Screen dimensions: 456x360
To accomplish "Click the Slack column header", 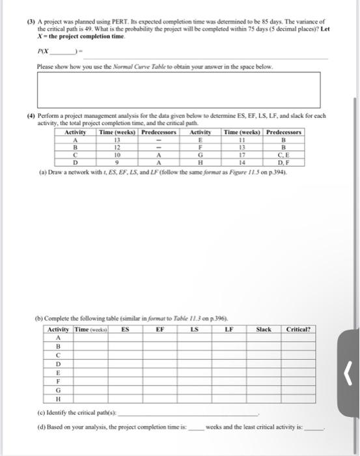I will pyautogui.click(x=264, y=330).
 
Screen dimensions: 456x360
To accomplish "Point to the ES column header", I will pyautogui.click(x=125, y=330).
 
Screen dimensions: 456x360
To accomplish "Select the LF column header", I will pyautogui.click(x=228, y=330).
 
